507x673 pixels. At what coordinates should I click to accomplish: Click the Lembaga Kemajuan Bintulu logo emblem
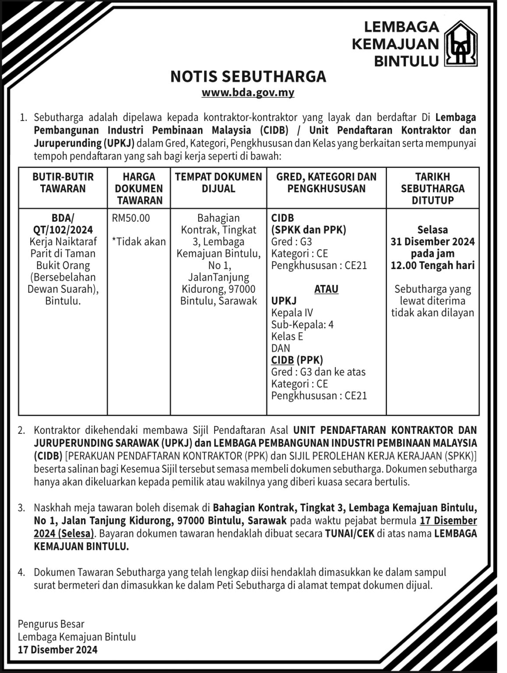coord(461,43)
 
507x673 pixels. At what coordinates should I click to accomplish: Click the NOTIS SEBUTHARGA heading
coord(248,76)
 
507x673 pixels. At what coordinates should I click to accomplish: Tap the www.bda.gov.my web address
coord(248,92)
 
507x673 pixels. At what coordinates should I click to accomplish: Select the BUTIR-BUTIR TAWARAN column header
coord(63,183)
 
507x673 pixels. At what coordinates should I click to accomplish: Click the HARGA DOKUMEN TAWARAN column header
coord(139,188)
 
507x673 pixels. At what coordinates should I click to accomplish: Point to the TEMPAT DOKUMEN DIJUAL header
coord(218,183)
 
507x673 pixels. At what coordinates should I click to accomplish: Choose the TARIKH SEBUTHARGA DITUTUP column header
coord(433,188)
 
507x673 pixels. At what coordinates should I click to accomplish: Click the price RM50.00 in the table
coord(131,218)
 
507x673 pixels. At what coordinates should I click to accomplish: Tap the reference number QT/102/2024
coord(63,230)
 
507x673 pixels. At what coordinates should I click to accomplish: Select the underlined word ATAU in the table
coord(326,289)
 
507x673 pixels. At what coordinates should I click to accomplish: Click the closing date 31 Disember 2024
coord(433,241)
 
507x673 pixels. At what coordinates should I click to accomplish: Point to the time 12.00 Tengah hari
coord(433,265)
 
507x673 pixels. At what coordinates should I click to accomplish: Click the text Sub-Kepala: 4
coord(302,324)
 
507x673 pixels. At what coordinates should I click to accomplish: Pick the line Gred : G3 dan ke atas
coord(318,372)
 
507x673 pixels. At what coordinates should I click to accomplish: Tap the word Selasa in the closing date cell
coord(433,230)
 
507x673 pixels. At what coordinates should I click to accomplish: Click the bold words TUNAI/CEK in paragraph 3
coord(349,534)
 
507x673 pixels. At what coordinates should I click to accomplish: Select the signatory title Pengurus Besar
coord(51,624)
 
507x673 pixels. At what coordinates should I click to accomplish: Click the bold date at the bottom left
coord(58,649)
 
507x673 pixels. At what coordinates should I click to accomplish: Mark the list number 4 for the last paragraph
coord(21,572)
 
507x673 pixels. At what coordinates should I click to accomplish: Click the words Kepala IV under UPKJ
coord(292,312)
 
